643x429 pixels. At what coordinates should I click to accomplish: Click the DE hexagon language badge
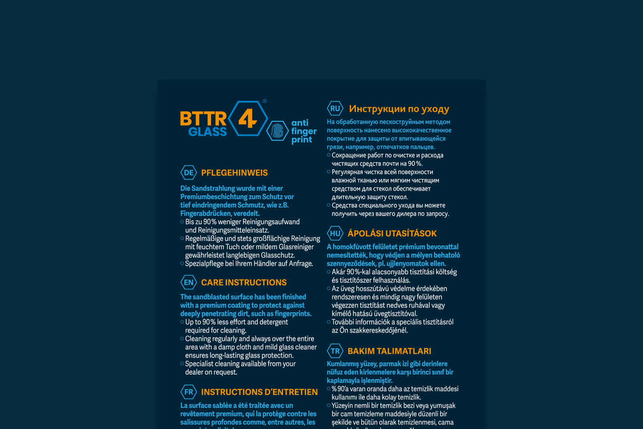click(x=189, y=173)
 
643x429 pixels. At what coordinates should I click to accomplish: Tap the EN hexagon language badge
click(x=189, y=282)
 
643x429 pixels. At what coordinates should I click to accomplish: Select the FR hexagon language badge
click(x=189, y=392)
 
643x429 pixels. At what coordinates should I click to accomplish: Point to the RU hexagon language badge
click(x=335, y=108)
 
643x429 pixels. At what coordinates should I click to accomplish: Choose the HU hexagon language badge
click(x=335, y=233)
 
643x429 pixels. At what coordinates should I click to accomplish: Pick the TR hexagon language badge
click(x=335, y=351)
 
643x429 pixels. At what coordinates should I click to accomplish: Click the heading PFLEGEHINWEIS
click(x=235, y=173)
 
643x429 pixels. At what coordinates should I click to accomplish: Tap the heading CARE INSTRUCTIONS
click(x=244, y=282)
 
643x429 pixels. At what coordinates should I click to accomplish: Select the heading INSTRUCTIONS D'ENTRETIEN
click(x=259, y=392)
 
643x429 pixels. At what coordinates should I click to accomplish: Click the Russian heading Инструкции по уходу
click(x=399, y=109)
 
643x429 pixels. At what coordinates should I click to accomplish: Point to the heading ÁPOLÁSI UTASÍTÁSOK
click(x=392, y=233)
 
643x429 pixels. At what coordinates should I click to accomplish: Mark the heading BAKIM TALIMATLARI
click(x=389, y=351)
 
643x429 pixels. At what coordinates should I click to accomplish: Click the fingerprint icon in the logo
click(x=278, y=131)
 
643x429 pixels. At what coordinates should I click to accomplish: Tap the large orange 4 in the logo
click(x=248, y=118)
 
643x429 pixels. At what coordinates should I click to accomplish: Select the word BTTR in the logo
click(x=203, y=119)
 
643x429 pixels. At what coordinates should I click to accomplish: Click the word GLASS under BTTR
click(x=207, y=132)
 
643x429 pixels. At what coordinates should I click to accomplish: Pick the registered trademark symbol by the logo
click(x=265, y=101)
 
